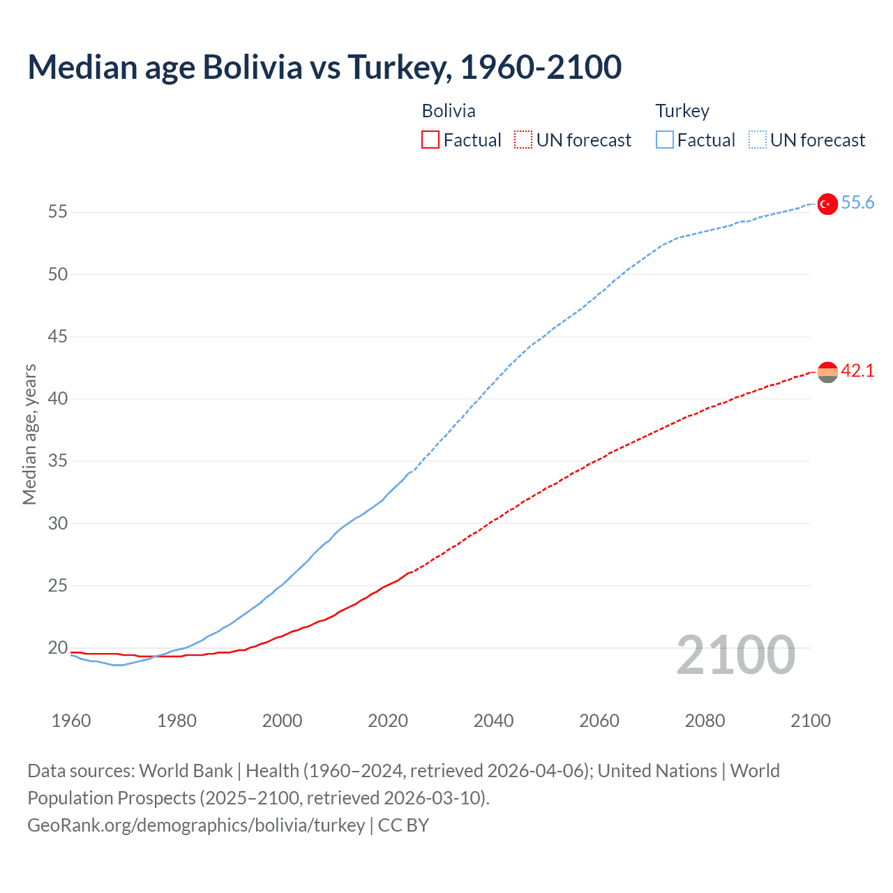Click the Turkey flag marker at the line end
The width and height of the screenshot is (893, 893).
point(827,204)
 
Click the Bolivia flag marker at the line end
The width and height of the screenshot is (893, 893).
point(827,373)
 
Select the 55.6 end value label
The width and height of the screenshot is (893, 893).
point(857,203)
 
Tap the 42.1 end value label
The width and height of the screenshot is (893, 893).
point(857,371)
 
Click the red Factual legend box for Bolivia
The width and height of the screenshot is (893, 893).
point(430,140)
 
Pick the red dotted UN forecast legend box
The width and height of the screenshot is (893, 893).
point(523,140)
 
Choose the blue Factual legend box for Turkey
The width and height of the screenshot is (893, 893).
point(665,140)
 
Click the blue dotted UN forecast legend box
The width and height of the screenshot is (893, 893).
point(757,140)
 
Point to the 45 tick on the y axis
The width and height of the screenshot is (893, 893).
point(58,337)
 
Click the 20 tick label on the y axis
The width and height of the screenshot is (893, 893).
point(58,648)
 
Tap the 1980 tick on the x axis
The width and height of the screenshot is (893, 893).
point(177,721)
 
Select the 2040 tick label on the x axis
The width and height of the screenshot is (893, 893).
point(493,721)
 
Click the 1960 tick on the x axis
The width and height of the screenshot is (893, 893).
point(71,721)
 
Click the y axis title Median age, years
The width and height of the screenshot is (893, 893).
point(29,434)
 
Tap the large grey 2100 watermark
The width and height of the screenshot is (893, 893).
point(736,655)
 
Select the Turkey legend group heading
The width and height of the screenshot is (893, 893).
point(682,111)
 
